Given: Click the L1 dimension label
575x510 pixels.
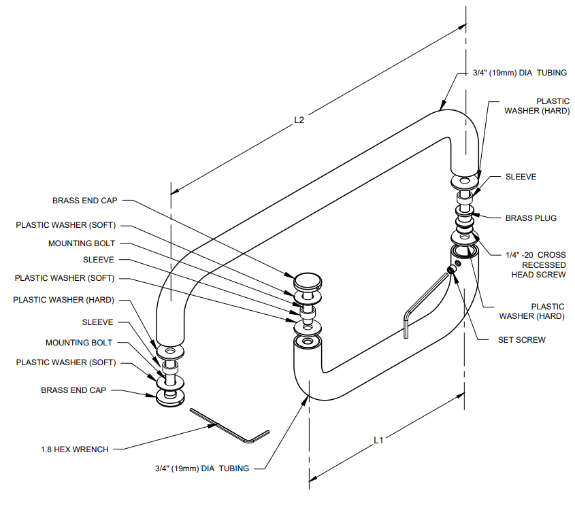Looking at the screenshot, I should pos(380,440).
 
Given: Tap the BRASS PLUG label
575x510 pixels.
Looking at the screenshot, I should pos(531,218).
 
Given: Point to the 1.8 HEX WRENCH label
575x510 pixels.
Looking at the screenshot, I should pos(75,449).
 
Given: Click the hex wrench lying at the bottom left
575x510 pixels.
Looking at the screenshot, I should pos(231,427).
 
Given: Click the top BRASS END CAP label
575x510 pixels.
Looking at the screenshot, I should pos(85,201).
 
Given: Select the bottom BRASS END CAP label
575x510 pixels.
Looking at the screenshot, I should pos(74,391).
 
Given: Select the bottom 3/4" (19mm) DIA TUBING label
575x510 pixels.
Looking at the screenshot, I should pos(201,468).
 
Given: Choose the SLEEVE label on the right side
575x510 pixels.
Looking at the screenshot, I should pos(521,177).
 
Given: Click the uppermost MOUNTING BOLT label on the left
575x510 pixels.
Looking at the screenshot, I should pos(82,243).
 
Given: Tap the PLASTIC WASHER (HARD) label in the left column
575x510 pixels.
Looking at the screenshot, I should pos(63,300).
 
